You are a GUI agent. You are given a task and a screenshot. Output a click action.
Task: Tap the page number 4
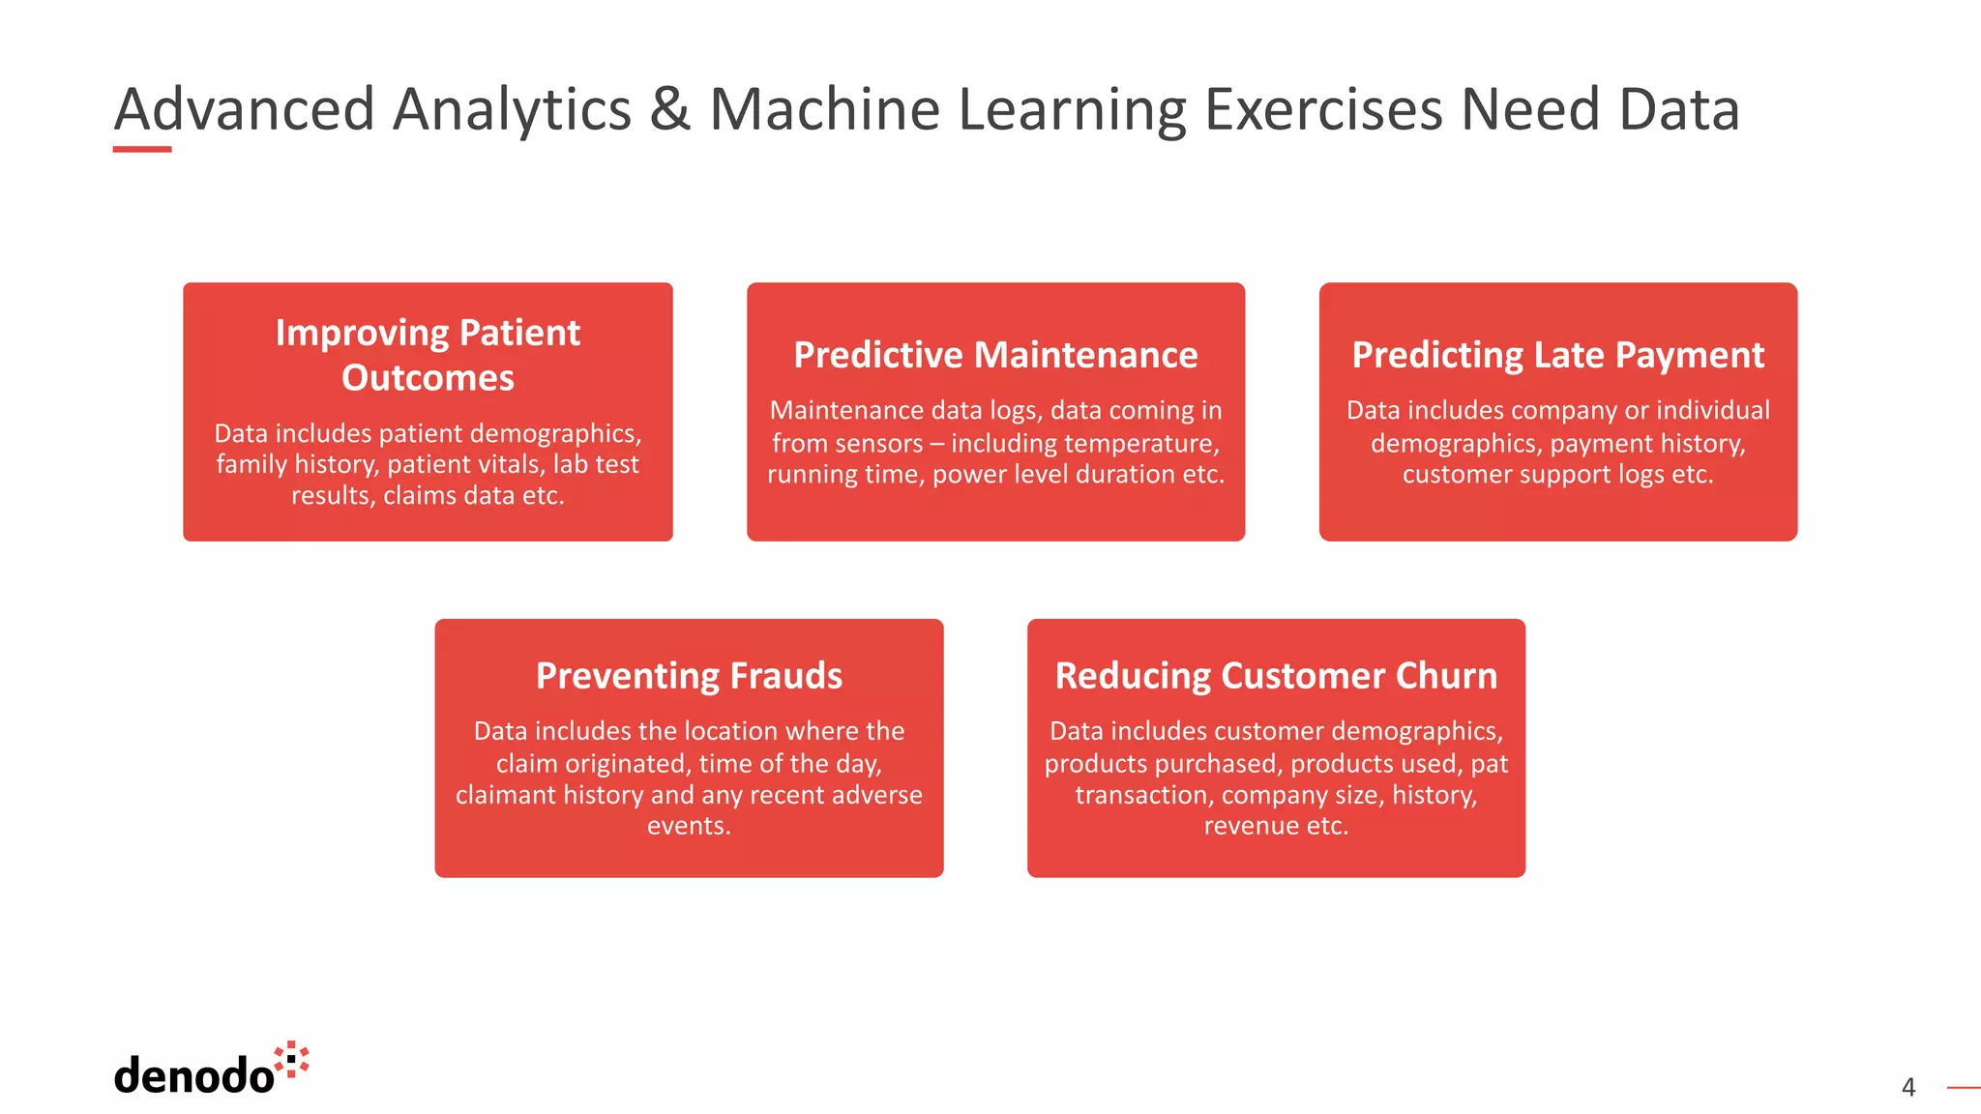pos(1907,1087)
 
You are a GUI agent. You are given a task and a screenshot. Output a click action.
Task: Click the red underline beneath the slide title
pos(142,149)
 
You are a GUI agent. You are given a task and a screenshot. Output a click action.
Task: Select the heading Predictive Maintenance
pos(995,355)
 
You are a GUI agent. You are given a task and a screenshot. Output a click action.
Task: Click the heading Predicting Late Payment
pos(1557,355)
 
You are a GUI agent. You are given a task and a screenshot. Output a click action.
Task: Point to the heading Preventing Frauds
pos(689,675)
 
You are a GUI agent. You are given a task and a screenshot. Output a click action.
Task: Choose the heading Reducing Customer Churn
pos(1276,675)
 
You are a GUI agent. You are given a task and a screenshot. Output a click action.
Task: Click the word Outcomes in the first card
pos(428,377)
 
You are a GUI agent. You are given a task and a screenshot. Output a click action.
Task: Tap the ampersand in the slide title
pos(669,108)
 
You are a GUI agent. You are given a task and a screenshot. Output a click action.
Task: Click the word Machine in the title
pos(824,108)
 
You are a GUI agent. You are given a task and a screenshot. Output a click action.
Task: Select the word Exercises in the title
pos(1322,108)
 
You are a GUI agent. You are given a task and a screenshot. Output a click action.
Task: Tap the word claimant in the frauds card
pos(508,795)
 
